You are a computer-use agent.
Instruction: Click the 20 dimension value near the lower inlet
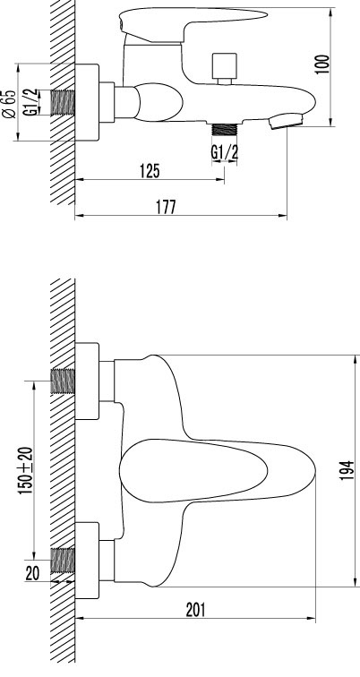point(32,574)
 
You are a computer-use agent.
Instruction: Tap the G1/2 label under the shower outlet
point(224,152)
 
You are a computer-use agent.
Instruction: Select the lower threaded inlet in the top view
point(63,560)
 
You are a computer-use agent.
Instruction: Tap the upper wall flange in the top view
point(88,381)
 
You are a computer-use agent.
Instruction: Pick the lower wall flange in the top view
point(88,560)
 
